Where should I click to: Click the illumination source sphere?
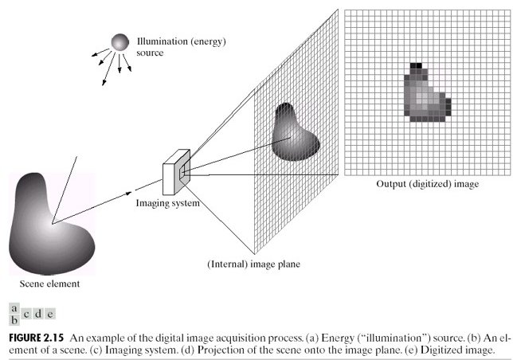(x=119, y=41)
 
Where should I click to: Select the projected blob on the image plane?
(x=296, y=131)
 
